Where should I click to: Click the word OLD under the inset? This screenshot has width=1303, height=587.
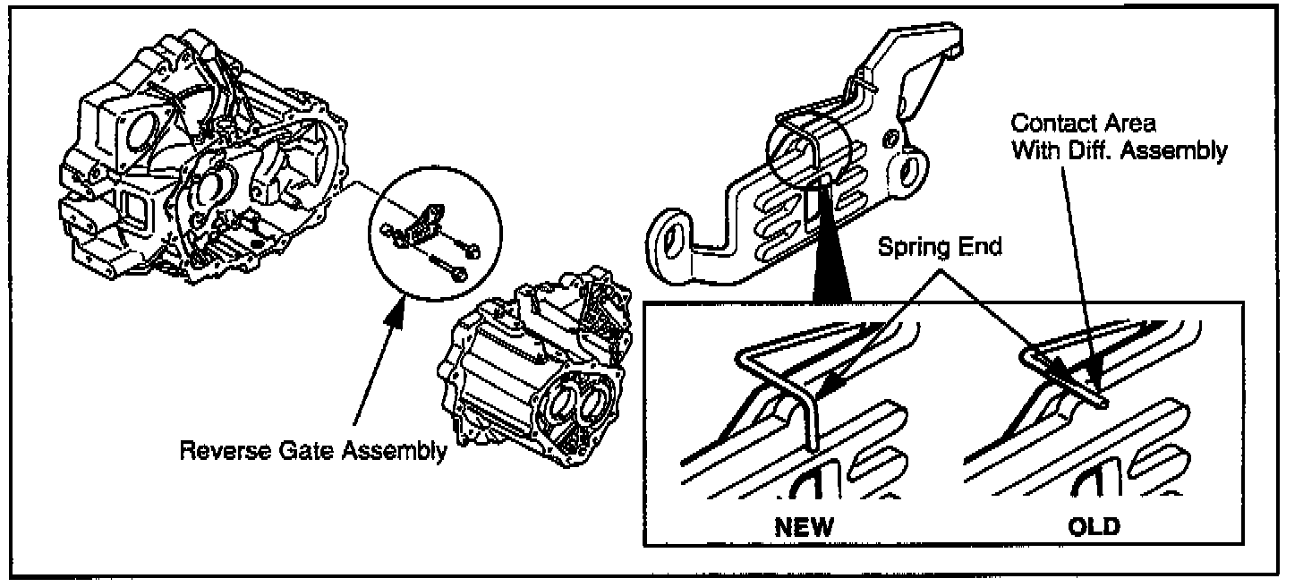[x=1093, y=526]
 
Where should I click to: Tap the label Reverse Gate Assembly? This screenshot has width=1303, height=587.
[x=312, y=450]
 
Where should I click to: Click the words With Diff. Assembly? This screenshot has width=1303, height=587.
[x=1119, y=150]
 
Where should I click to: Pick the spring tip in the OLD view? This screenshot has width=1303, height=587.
[x=1103, y=402]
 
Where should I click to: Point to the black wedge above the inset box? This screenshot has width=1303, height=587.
[x=829, y=259]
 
